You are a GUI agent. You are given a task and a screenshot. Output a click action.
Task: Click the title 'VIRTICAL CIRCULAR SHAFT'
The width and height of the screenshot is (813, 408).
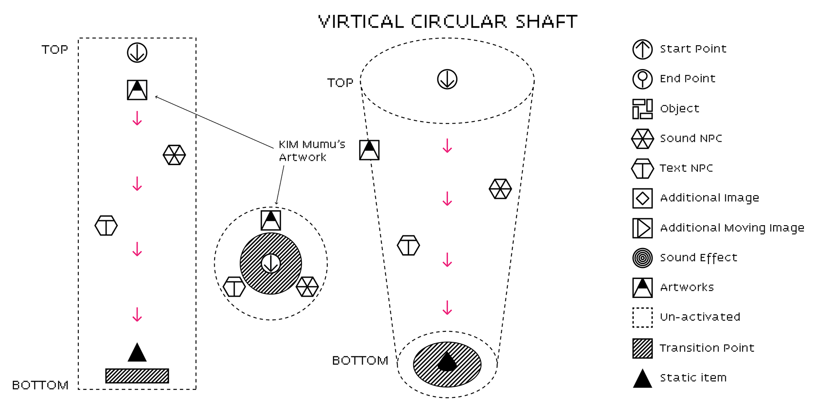tap(448, 22)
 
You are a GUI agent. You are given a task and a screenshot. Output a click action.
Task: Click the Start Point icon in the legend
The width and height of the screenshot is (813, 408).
tap(642, 49)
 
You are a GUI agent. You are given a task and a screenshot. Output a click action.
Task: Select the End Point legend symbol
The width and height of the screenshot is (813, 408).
tap(642, 79)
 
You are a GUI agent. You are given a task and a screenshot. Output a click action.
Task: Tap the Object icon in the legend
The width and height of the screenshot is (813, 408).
tap(642, 109)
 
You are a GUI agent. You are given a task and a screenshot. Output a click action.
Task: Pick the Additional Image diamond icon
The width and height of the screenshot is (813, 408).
tap(642, 198)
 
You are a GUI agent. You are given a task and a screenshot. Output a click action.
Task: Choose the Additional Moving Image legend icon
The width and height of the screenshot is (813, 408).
tap(642, 228)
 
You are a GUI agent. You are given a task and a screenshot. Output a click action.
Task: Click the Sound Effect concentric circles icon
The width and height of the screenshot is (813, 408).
tap(642, 258)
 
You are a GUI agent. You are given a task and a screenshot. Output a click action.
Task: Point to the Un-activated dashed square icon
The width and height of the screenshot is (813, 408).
tap(642, 317)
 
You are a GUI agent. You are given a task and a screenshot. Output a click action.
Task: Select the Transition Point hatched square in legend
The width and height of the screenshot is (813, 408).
tap(642, 348)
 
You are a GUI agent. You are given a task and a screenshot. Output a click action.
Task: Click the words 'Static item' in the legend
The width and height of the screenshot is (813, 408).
tap(693, 378)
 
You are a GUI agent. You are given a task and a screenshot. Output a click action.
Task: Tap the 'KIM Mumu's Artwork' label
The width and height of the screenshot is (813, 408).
tap(312, 151)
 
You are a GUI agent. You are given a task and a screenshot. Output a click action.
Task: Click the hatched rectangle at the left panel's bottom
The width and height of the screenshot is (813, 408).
tap(137, 376)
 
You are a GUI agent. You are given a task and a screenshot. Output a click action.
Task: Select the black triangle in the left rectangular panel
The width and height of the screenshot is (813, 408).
tap(137, 353)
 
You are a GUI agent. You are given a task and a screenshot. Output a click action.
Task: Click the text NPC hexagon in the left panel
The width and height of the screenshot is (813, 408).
tap(106, 226)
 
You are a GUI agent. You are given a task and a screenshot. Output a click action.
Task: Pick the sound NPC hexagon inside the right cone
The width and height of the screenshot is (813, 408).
tap(500, 189)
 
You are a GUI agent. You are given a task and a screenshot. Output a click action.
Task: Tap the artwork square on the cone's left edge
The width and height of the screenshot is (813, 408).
tap(369, 150)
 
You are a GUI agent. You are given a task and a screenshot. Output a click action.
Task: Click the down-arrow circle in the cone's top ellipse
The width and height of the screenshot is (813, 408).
tap(447, 79)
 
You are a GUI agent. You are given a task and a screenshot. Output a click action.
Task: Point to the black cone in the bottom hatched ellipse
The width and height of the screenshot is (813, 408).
tap(447, 362)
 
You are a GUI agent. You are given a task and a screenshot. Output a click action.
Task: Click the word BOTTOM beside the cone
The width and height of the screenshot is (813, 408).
tap(360, 361)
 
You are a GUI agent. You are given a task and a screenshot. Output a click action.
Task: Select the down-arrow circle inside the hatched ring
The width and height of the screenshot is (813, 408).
tap(271, 264)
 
